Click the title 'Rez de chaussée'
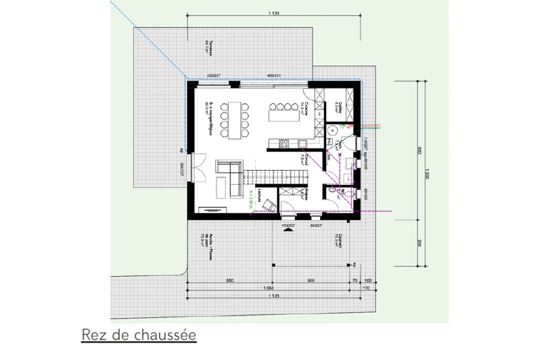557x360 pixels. pos(139,335)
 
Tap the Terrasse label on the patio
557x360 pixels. pos(208,48)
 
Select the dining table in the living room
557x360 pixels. pos(234,120)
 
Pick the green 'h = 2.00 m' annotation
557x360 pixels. pos(251,200)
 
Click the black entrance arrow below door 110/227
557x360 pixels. pos(288,230)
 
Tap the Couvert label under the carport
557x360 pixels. pos(338,240)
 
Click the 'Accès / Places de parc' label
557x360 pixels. pos(209,247)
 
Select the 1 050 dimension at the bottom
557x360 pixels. pos(268,288)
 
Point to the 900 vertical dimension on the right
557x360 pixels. pos(419,151)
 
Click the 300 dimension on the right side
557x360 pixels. pos(419,243)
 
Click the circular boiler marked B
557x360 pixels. pos(332,131)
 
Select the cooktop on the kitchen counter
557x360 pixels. pos(284,144)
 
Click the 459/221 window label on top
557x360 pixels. pos(274,75)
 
